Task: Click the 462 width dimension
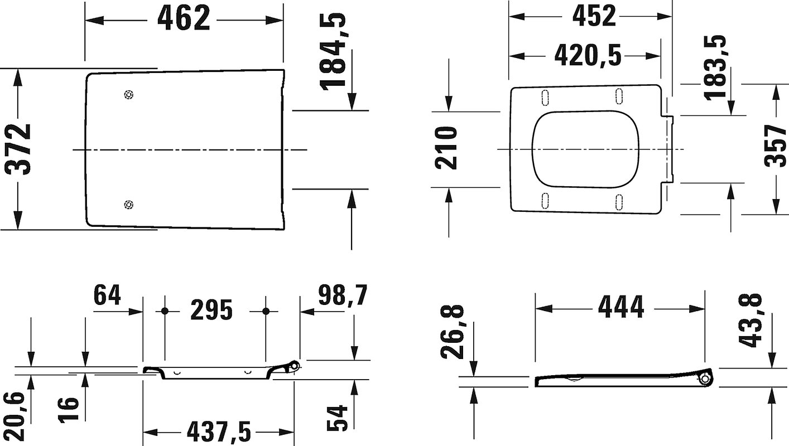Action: pos(184,18)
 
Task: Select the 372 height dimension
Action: pos(18,149)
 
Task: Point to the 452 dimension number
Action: pos(594,16)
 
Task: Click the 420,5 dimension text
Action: pos(588,56)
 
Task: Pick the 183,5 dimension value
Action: pos(715,67)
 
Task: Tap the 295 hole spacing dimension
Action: pos(211,310)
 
